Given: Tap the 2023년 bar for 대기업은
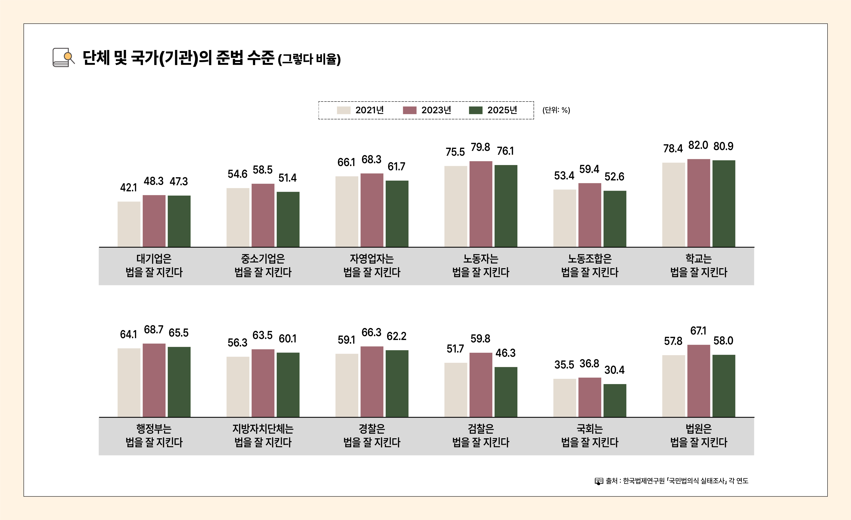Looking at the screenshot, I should click(154, 221).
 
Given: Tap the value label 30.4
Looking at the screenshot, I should click(614, 370).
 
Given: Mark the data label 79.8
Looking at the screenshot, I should click(480, 147).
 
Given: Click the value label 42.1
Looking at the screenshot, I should click(129, 188).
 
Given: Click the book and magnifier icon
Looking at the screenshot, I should click(63, 57).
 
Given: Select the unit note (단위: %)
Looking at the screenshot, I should click(556, 110).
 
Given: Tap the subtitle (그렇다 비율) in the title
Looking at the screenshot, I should click(309, 59).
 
